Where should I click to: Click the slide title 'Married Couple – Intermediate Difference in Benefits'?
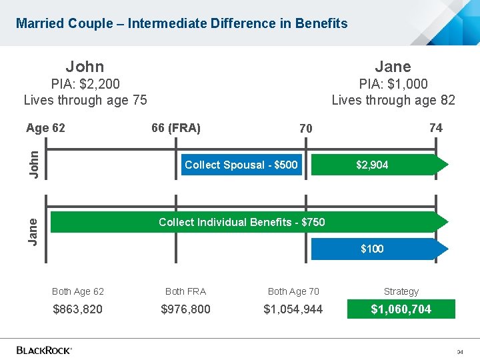(182, 23)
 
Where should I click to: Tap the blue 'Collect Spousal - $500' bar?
(241, 165)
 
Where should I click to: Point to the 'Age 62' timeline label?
(45, 128)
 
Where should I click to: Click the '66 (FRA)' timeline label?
(176, 128)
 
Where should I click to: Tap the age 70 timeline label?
(305, 128)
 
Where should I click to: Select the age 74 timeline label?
(435, 127)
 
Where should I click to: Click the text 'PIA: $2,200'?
(85, 84)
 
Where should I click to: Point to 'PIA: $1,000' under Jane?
(393, 84)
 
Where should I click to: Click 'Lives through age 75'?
(85, 101)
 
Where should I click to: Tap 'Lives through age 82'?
(393, 101)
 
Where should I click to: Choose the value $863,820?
(78, 309)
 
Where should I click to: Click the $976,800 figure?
(185, 309)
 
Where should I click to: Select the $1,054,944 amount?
(293, 309)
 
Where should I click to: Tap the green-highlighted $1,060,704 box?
(401, 309)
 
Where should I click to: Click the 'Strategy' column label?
(401, 291)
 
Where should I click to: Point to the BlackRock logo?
(44, 349)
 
